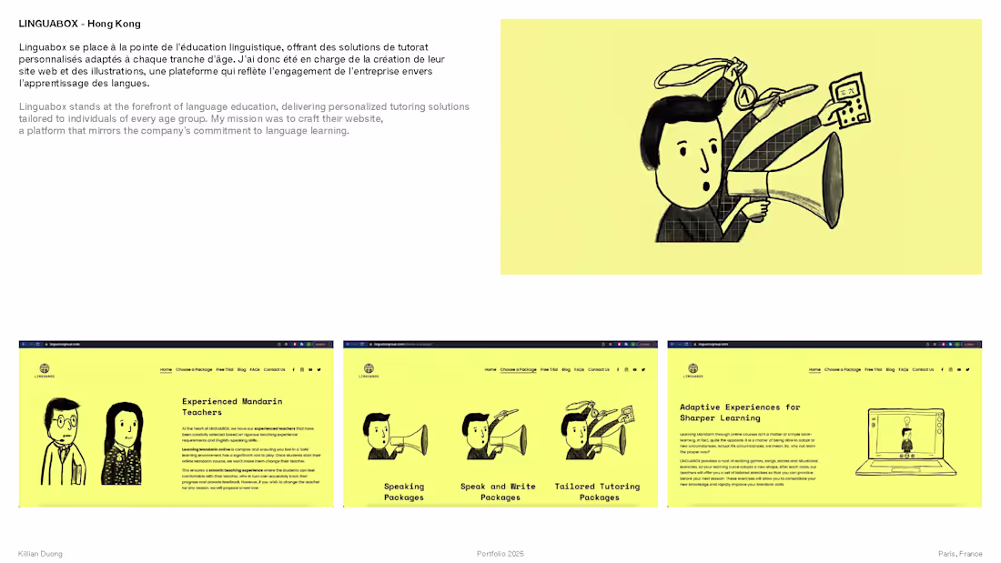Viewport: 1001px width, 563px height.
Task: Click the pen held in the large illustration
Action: [x=792, y=92]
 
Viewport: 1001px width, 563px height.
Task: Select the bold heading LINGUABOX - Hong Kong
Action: [x=79, y=24]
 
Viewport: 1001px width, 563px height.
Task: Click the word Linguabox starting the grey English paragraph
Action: [x=41, y=106]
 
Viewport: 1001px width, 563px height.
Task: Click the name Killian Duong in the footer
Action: [x=40, y=554]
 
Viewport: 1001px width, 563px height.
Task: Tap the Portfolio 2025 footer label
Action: [x=500, y=554]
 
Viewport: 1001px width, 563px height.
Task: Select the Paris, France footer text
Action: [x=960, y=554]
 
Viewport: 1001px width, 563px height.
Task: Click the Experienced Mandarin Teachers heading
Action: [x=232, y=407]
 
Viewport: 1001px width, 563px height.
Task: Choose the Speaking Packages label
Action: [x=404, y=492]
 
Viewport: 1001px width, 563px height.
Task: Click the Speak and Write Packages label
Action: [x=498, y=492]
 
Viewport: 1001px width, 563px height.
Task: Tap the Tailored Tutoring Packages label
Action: [x=597, y=492]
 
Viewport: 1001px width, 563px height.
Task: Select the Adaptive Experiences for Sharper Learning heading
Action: [x=740, y=412]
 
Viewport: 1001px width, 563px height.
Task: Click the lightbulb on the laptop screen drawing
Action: [x=906, y=419]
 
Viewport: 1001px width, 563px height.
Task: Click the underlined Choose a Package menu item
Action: [x=518, y=370]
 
